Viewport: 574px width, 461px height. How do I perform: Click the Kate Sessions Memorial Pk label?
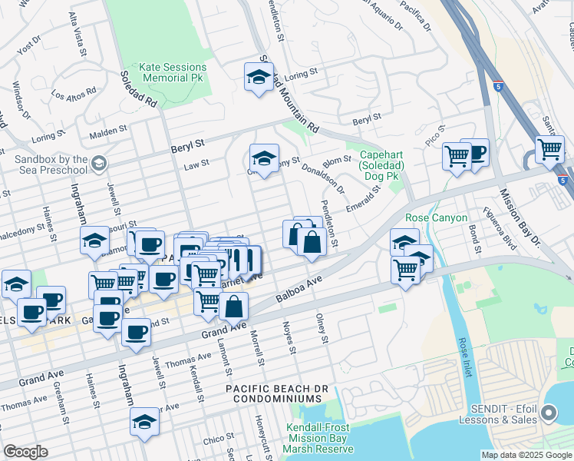click(x=171, y=72)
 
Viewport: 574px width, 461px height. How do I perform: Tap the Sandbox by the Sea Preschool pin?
click(x=98, y=163)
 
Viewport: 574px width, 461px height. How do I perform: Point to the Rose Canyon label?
click(x=436, y=217)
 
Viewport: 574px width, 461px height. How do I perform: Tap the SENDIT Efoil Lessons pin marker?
click(x=549, y=414)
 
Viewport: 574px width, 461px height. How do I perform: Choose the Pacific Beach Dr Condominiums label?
click(x=273, y=394)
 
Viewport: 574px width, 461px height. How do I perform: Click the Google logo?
click(x=25, y=452)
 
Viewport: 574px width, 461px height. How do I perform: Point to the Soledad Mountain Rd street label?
click(x=288, y=95)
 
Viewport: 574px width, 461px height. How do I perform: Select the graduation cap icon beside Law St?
click(x=264, y=159)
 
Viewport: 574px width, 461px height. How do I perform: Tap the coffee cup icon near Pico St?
click(x=475, y=151)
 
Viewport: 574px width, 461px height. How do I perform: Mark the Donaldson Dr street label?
click(x=322, y=177)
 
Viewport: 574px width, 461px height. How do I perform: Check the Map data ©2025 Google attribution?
click(x=526, y=455)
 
